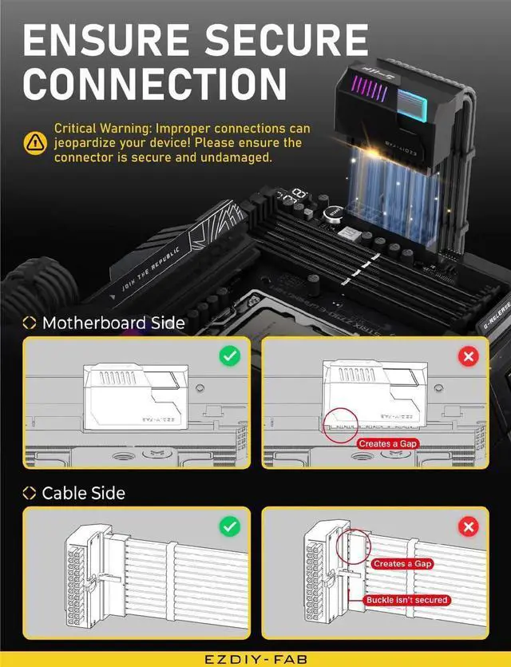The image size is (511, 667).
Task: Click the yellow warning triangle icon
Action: (x=35, y=142)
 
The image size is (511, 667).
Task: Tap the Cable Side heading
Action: (x=83, y=493)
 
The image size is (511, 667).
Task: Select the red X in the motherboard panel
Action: (x=469, y=355)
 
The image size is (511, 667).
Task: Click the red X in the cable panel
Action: (x=469, y=526)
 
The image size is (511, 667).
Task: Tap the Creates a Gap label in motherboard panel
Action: (x=387, y=443)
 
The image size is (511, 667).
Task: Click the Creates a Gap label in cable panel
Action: (x=402, y=563)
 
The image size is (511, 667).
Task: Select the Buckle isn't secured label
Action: (x=407, y=599)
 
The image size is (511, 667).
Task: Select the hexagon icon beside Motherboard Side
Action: (x=30, y=324)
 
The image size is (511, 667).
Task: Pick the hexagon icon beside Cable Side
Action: (x=30, y=494)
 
